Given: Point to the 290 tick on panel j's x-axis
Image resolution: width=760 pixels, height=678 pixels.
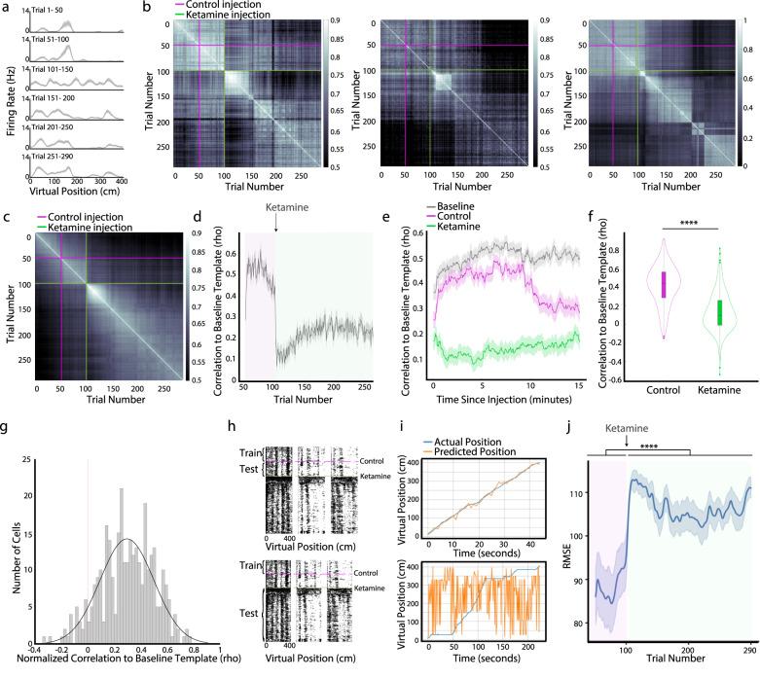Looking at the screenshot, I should (747, 652).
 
